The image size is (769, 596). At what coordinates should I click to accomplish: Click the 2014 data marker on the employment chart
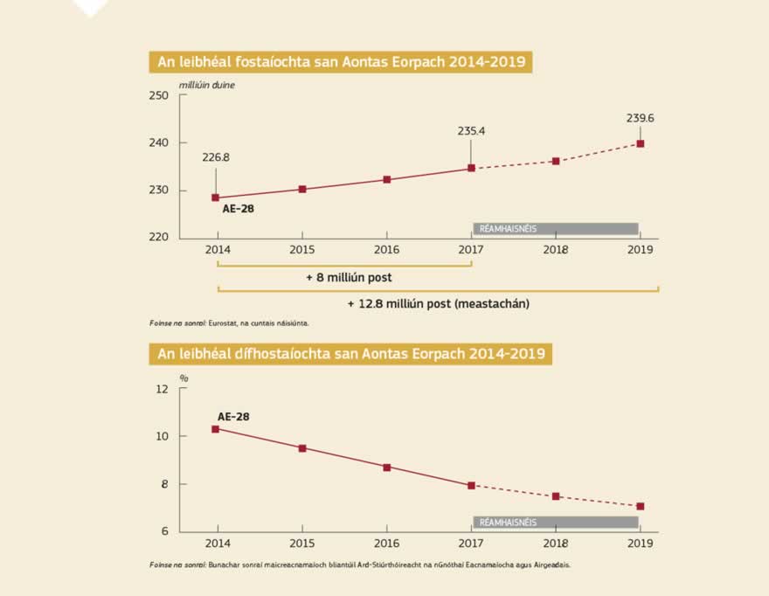point(216,198)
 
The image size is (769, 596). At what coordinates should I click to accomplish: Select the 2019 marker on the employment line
point(641,143)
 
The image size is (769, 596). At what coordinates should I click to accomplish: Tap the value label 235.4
point(471,131)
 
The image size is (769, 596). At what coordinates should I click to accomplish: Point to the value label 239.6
point(641,117)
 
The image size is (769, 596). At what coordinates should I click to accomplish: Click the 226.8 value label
point(215,158)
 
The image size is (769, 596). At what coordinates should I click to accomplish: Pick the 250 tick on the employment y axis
point(158,95)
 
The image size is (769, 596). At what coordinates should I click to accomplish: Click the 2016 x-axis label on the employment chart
point(386,250)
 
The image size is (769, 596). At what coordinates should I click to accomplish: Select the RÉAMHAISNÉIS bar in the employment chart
point(556,229)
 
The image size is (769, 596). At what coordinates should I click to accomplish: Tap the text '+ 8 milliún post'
point(349,278)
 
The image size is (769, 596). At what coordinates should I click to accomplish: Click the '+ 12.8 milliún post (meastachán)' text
point(438,304)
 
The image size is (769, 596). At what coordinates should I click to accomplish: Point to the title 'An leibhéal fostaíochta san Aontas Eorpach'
point(341,61)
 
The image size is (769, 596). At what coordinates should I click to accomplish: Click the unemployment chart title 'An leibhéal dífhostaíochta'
point(350,354)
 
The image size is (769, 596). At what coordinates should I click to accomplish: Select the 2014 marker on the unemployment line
point(216,429)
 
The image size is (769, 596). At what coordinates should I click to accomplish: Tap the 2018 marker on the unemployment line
point(556,496)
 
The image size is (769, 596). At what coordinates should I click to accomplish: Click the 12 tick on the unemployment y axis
point(161,389)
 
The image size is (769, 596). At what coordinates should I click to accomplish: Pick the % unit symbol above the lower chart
point(184,378)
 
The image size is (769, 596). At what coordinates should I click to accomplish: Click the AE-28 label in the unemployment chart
point(233,417)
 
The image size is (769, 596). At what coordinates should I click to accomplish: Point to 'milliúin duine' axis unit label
point(207,84)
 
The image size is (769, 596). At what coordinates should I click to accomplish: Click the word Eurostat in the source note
point(223,323)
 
